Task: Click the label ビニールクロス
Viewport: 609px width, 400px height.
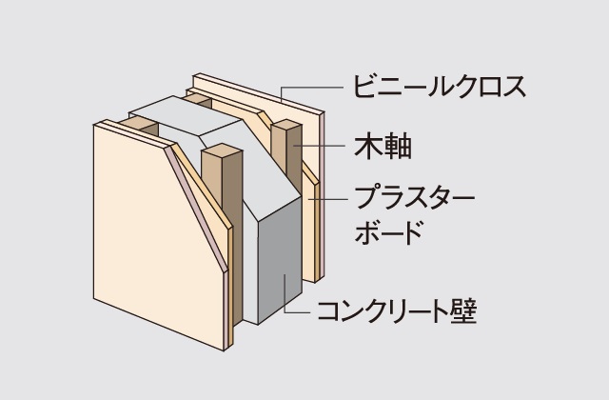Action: [x=440, y=87]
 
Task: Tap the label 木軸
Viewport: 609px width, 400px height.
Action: [x=383, y=146]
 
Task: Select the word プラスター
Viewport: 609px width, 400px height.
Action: [x=415, y=198]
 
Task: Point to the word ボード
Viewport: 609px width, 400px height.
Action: [x=388, y=231]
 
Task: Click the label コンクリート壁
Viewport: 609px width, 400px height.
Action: [x=397, y=311]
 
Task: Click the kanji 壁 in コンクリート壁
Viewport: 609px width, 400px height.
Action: [x=463, y=311]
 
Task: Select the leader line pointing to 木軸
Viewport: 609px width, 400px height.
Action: [x=319, y=146]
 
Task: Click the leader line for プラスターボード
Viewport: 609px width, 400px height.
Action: [x=326, y=199]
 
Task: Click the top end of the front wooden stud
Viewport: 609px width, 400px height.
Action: [x=222, y=150]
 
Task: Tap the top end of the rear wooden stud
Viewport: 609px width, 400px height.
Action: [x=286, y=124]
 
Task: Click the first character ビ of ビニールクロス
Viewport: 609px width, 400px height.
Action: [x=364, y=87]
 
